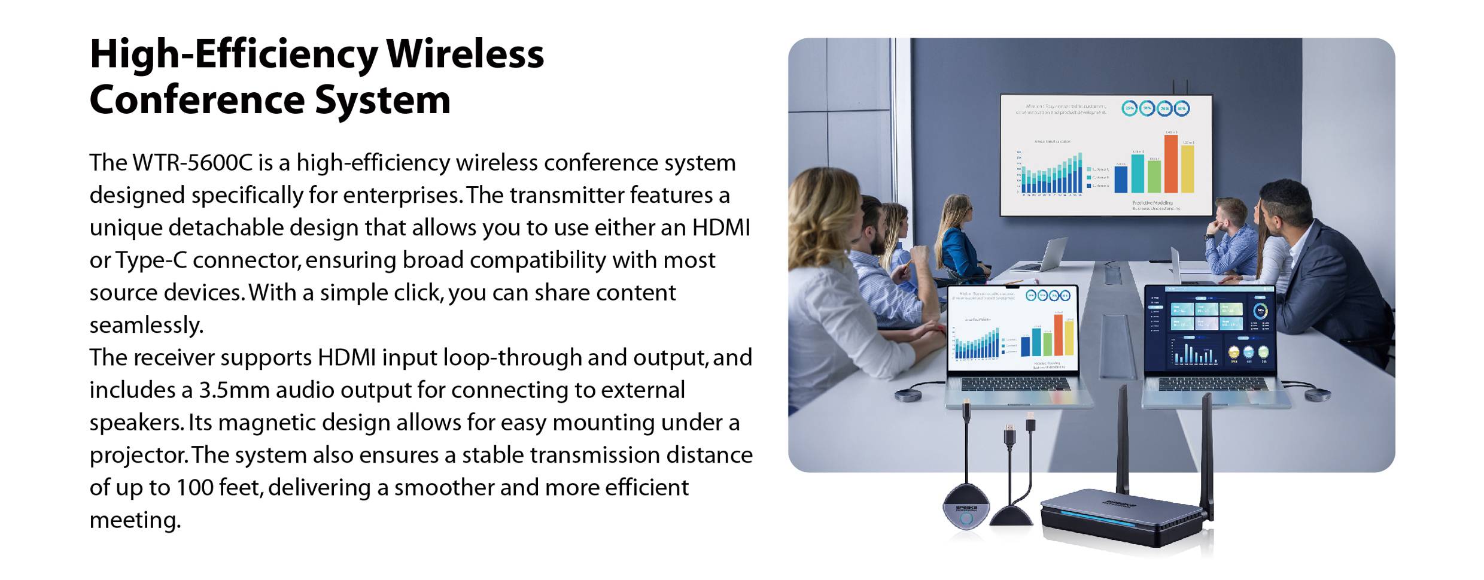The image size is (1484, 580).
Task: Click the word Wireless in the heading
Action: pos(464,54)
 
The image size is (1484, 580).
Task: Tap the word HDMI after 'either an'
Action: pos(720,227)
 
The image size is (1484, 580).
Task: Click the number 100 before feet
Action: pos(194,488)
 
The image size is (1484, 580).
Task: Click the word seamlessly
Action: pos(146,325)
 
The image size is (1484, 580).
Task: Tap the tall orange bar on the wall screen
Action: pos(1170,164)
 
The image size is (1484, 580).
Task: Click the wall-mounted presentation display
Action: pos(1106,154)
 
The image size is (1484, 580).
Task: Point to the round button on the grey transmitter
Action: pos(966,519)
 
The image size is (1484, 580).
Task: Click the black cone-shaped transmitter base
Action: pos(1011,515)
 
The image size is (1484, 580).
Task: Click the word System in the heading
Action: pos(382,100)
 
